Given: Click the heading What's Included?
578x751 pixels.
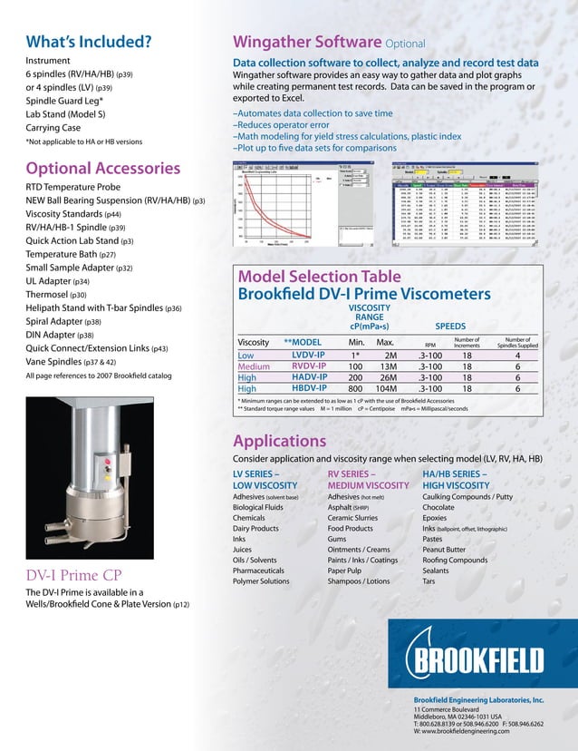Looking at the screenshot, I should click(x=88, y=41).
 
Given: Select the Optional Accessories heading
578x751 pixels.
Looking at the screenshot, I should click(x=102, y=168).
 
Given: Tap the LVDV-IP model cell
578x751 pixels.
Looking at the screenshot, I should click(x=309, y=356).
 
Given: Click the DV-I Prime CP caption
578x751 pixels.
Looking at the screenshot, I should click(x=77, y=575).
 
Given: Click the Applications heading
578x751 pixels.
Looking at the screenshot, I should click(x=280, y=442).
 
